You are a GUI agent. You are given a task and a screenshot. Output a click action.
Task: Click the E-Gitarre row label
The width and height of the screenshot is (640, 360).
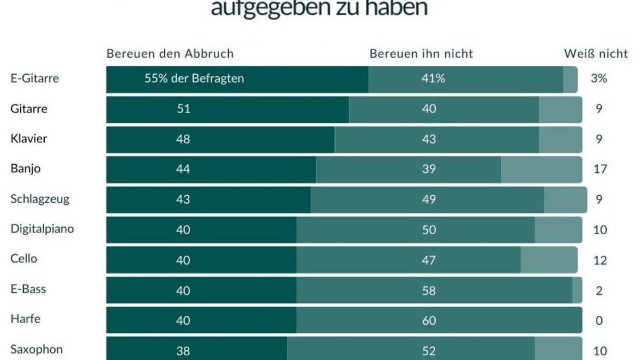pos(35,78)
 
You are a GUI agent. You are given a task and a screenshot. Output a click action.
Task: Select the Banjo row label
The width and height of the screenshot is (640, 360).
pos(26,169)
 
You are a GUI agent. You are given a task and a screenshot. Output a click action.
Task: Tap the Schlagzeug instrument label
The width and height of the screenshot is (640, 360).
pos(40,199)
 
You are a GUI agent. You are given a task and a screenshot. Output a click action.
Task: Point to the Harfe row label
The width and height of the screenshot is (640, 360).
pos(26,319)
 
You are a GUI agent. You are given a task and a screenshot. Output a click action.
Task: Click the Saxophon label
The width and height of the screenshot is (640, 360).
pos(36,349)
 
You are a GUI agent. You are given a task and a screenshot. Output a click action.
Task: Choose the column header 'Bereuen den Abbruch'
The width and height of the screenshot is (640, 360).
pos(170,54)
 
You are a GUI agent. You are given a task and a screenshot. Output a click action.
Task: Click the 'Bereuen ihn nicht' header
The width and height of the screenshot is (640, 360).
pos(421,54)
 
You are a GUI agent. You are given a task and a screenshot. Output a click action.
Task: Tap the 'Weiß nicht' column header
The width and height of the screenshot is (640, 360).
pos(596,54)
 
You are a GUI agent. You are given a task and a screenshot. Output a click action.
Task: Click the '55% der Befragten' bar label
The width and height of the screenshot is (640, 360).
pos(194,78)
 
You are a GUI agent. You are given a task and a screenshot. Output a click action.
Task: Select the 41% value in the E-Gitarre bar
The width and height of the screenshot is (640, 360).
pos(433,78)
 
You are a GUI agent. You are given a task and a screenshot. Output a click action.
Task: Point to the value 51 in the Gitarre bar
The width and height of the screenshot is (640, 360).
pos(183,109)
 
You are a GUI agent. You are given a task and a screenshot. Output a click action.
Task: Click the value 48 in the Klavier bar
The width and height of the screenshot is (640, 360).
pos(183,139)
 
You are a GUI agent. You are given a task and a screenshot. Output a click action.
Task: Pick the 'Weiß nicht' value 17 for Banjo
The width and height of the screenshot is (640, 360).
pos(599,169)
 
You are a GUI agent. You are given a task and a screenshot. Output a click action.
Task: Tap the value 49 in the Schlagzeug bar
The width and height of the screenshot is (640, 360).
pos(429,199)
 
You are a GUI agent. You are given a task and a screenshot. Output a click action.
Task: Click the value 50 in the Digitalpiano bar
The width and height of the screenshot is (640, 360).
pos(429,230)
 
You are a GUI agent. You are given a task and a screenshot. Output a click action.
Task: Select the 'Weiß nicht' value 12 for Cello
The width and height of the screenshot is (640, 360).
pos(599,260)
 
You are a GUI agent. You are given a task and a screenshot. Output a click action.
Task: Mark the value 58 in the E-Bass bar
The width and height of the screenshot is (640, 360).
pos(429,291)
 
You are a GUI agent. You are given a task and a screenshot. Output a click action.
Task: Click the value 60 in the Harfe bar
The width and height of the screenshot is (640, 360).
pos(429,321)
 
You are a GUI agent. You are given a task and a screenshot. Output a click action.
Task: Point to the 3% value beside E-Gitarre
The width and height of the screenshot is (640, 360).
pos(599,78)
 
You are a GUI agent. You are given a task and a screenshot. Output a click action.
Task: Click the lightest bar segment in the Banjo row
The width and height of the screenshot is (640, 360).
pos(541,169)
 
